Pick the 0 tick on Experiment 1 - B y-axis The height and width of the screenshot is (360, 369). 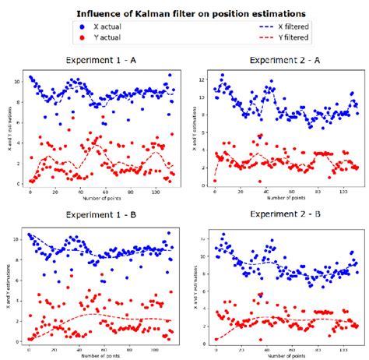pyautogui.click(x=20, y=341)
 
